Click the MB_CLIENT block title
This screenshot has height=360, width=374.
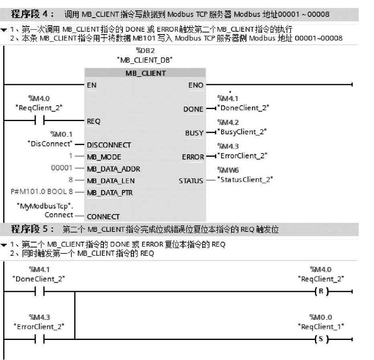click(x=145, y=73)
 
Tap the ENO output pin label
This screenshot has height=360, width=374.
click(x=195, y=85)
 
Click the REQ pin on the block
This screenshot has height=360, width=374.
click(x=93, y=121)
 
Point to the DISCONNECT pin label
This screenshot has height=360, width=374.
click(x=109, y=145)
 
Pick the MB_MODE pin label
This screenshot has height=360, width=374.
click(x=104, y=157)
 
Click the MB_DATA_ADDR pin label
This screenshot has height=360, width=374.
click(x=114, y=169)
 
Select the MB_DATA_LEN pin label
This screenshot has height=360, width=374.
click(x=111, y=181)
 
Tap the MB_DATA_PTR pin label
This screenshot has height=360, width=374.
click(x=110, y=193)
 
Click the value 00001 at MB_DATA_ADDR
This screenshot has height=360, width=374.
click(x=62, y=168)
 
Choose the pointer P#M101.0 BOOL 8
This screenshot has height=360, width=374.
click(x=41, y=192)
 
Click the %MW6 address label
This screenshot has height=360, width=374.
click(x=228, y=170)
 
